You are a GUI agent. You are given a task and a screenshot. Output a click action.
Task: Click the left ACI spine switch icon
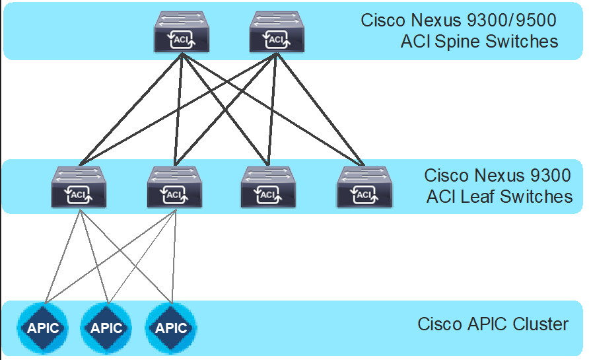pyautogui.click(x=181, y=32)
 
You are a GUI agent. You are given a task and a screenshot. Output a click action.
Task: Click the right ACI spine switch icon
pyautogui.click(x=277, y=32)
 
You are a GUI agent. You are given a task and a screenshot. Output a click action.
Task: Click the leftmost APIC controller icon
pyautogui.click(x=43, y=328)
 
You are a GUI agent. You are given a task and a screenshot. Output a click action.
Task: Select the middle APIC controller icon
pyautogui.click(x=106, y=328)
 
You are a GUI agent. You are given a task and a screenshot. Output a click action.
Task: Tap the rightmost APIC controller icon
pyautogui.click(x=170, y=328)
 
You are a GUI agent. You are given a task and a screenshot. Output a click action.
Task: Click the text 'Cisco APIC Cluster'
pyautogui.click(x=493, y=324)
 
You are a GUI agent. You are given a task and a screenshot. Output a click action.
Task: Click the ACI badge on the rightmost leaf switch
pyautogui.click(x=364, y=195)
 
